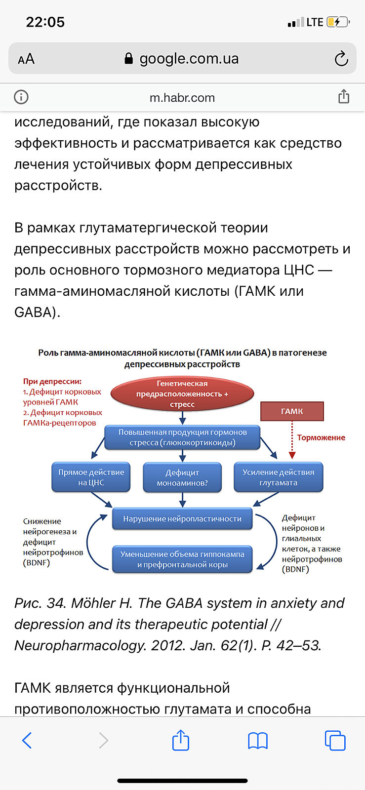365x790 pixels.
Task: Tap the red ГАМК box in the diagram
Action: [x=292, y=411]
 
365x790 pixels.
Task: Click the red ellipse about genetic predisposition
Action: [x=182, y=394]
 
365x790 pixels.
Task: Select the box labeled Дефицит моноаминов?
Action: [x=182, y=477]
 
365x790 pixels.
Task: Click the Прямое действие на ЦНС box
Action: [x=91, y=477]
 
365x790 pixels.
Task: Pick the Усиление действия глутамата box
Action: [x=278, y=477]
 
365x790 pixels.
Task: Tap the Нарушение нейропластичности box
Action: [x=182, y=519]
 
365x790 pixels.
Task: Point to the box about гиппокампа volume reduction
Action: [x=182, y=559]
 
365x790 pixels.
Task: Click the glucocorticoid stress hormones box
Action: [x=182, y=437]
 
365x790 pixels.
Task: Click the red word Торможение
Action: [x=321, y=437]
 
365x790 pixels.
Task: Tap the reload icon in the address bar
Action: [x=341, y=59]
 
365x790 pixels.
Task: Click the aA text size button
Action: [x=26, y=59]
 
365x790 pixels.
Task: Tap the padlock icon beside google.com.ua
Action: [x=129, y=59]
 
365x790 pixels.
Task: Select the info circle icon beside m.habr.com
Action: [x=21, y=97]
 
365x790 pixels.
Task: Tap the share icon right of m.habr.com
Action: [x=344, y=97]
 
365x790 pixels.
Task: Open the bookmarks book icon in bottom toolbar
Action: [x=258, y=741]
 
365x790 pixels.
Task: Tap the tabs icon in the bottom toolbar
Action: [x=335, y=741]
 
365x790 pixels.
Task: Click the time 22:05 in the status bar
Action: [x=45, y=22]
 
